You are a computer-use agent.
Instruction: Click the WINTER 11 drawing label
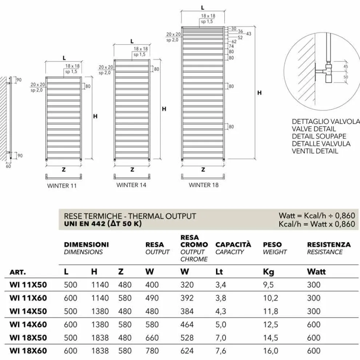click(x=62, y=185)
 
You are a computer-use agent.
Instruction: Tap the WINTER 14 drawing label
click(x=131, y=185)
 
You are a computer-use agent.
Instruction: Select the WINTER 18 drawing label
click(x=204, y=185)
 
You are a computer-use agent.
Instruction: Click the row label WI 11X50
click(x=28, y=285)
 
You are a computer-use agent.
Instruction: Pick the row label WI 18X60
click(x=28, y=351)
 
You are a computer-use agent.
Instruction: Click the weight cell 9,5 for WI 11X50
click(x=268, y=285)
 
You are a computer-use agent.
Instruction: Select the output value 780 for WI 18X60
click(x=152, y=351)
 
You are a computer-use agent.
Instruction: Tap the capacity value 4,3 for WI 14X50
click(x=220, y=311)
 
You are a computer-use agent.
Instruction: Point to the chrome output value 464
click(x=187, y=324)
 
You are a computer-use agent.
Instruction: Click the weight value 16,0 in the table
click(x=270, y=351)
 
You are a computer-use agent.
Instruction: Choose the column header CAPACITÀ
click(x=233, y=245)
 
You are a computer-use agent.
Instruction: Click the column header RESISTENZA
click(x=329, y=245)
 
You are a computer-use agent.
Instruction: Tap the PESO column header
click(x=272, y=245)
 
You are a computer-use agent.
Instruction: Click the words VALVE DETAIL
click(x=314, y=129)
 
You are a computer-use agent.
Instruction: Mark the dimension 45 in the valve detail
click(x=345, y=67)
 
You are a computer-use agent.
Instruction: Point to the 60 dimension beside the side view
click(x=8, y=166)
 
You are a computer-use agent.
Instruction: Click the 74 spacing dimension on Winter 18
click(x=231, y=46)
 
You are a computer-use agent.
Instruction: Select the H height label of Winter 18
click(x=259, y=93)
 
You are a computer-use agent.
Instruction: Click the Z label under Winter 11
click(x=63, y=169)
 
